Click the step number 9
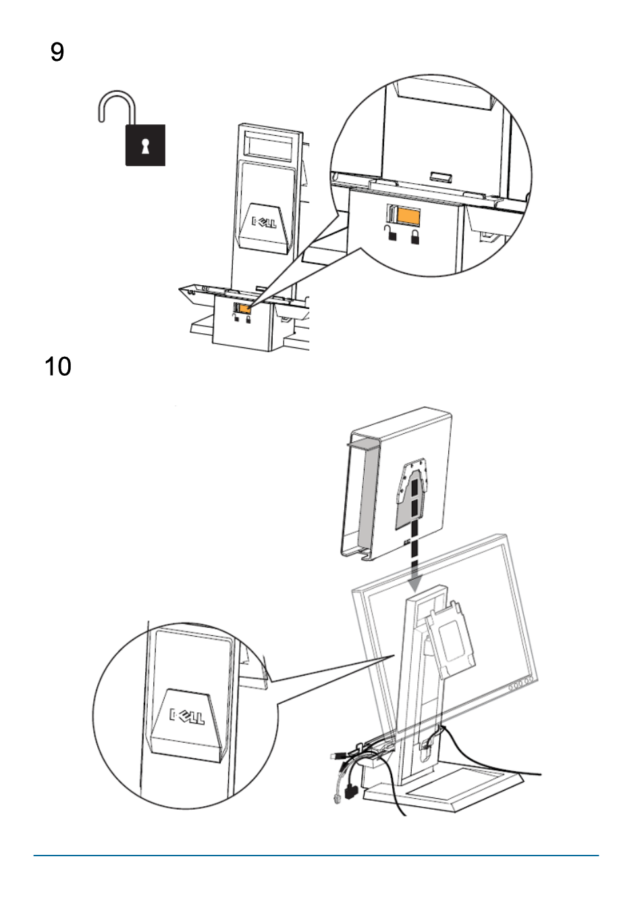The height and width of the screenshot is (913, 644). click(x=57, y=52)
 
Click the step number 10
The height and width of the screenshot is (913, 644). click(x=58, y=366)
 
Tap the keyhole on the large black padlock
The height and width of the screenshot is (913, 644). click(x=145, y=146)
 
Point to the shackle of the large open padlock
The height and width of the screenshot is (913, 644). click(x=117, y=107)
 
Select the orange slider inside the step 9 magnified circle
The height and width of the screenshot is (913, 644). click(x=408, y=215)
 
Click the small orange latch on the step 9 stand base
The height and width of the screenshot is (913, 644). click(x=245, y=309)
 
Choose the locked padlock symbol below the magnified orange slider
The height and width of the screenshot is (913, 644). click(x=414, y=237)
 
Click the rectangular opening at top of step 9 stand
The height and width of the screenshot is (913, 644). click(x=270, y=145)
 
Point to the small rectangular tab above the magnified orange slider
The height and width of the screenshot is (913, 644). click(x=441, y=177)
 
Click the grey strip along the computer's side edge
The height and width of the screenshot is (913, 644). click(x=365, y=496)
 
